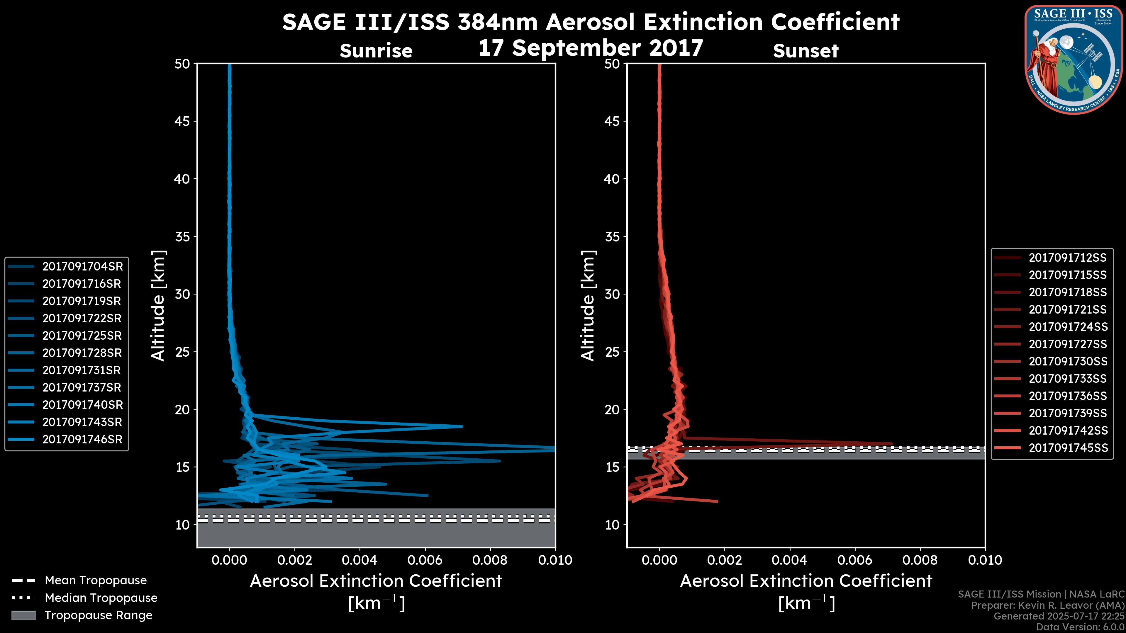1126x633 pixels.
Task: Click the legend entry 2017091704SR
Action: point(82,266)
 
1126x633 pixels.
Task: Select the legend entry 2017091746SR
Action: point(82,440)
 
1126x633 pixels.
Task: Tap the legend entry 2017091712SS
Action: point(1067,258)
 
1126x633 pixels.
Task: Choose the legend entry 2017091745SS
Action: point(1067,448)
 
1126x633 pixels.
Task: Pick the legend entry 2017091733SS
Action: point(1067,379)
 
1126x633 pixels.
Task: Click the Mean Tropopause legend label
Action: point(96,581)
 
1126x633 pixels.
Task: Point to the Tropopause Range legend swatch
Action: point(23,615)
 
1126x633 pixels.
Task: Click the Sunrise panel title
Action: point(376,51)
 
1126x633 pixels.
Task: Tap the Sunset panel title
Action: point(805,51)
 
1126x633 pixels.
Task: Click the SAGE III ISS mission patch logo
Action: point(1073,59)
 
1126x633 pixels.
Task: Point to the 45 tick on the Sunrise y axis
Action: point(182,121)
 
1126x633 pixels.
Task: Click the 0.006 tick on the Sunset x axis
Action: point(855,560)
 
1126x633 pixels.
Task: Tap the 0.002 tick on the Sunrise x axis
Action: point(295,560)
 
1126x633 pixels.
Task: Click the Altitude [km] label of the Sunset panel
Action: point(588,305)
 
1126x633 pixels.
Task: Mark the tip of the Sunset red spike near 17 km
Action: point(892,444)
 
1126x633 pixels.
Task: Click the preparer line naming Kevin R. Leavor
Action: point(1047,605)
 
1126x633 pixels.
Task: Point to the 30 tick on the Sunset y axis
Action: point(612,295)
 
